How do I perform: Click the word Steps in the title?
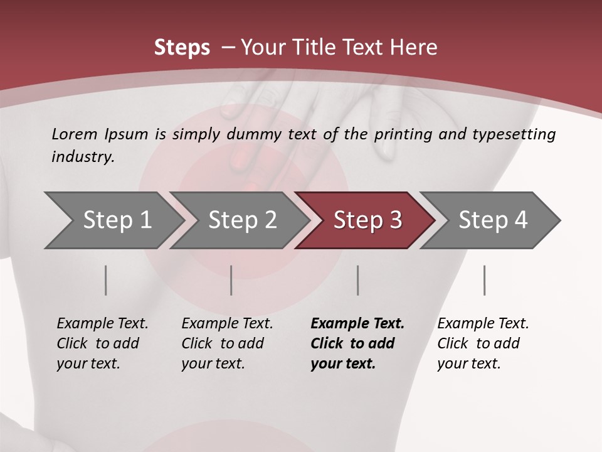click(x=182, y=48)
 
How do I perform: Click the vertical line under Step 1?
click(x=106, y=280)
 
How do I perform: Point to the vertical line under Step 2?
click(x=231, y=280)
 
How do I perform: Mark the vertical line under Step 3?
click(x=357, y=280)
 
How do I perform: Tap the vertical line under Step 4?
click(x=484, y=280)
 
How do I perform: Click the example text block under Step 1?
click(x=102, y=343)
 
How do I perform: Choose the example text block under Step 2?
click(x=227, y=343)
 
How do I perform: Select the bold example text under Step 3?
click(x=357, y=343)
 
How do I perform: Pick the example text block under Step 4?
click(x=483, y=343)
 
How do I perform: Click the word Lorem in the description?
click(x=74, y=134)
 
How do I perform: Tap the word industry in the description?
click(x=82, y=157)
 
